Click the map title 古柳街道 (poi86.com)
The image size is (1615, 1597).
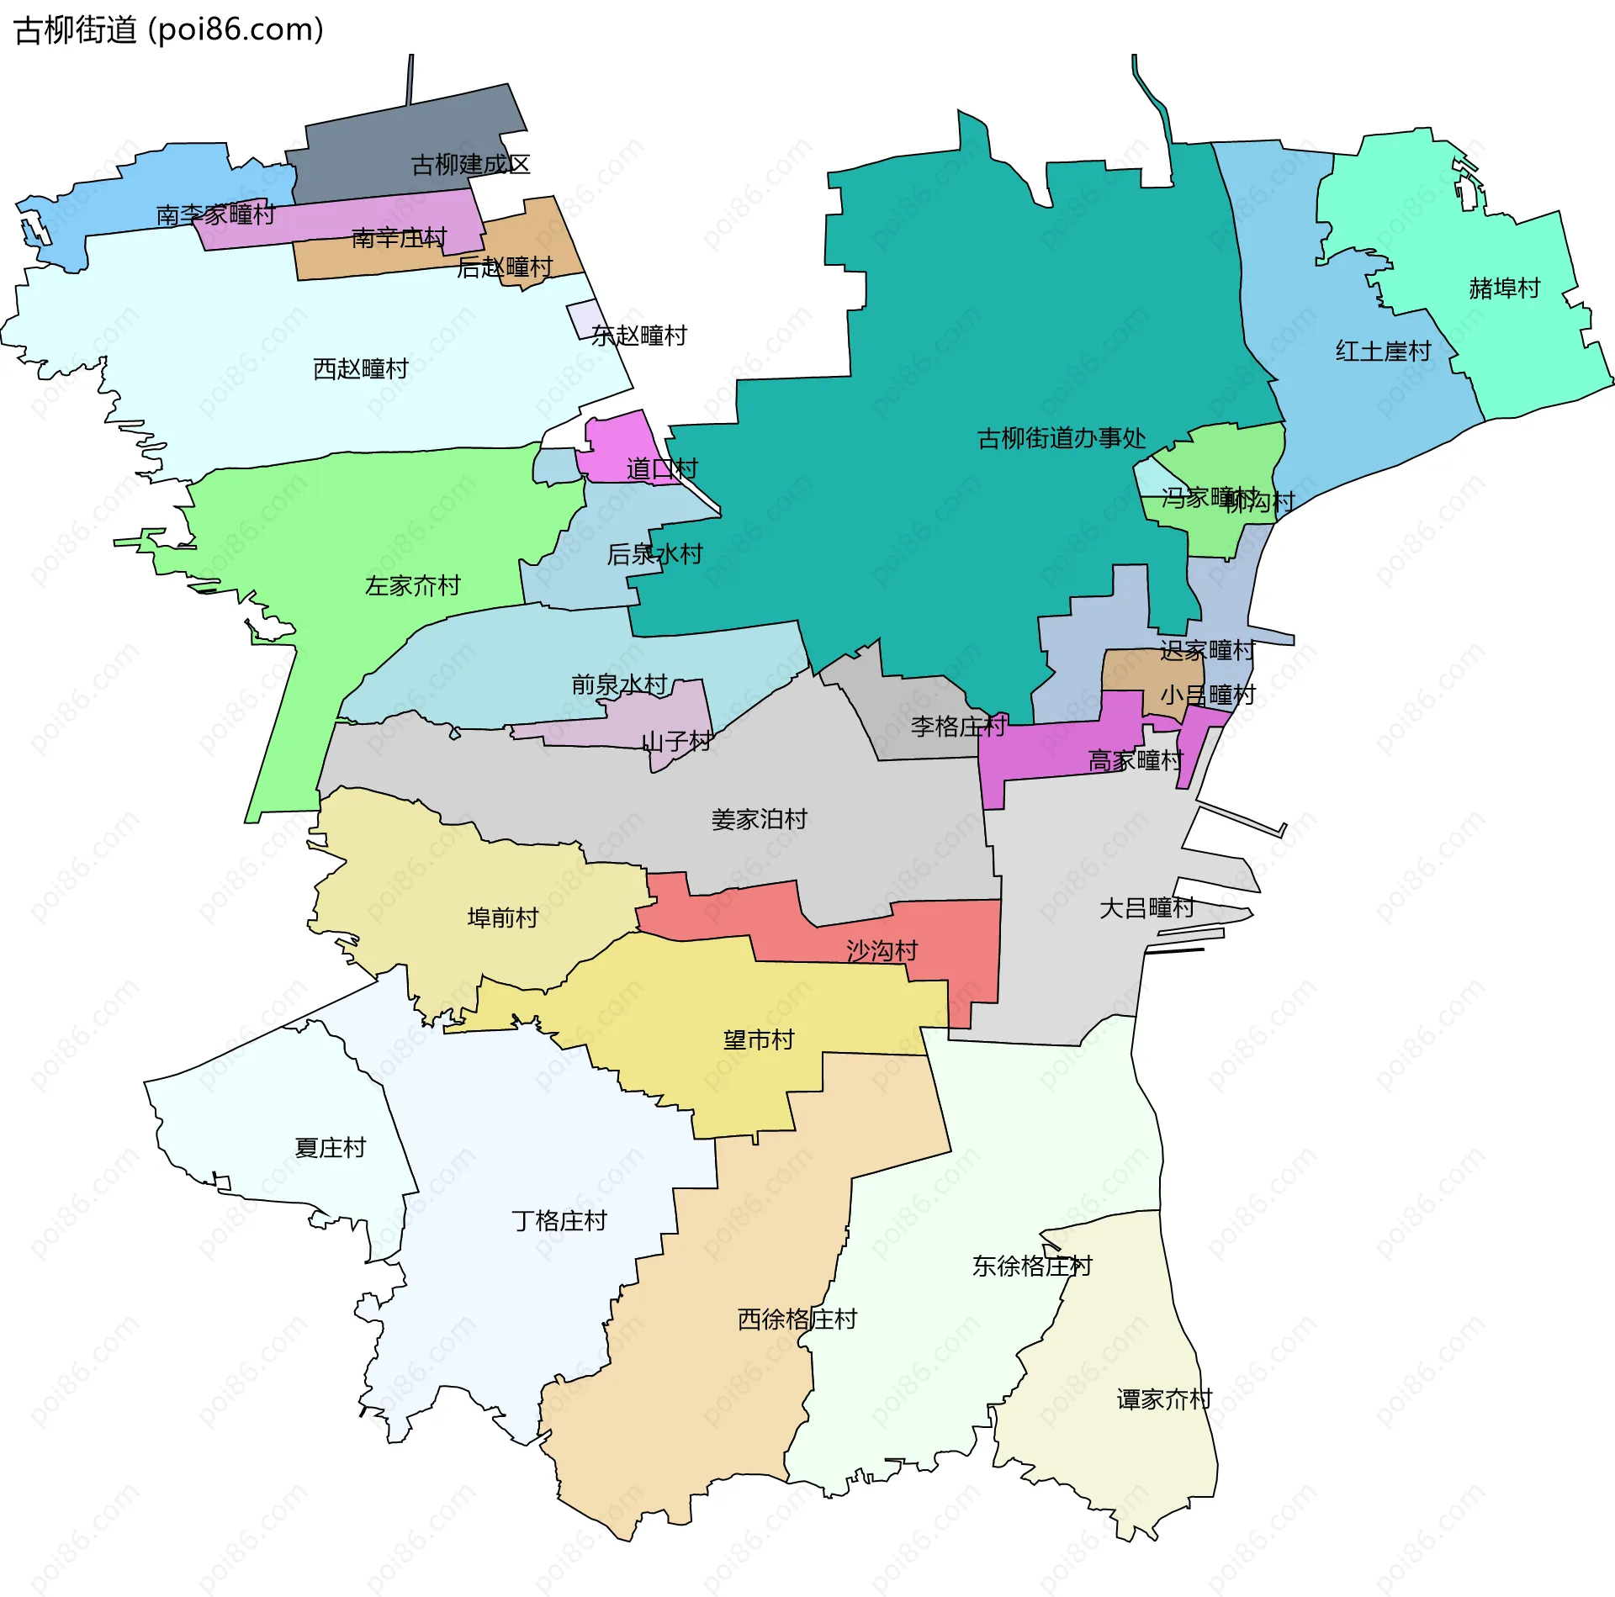tap(168, 30)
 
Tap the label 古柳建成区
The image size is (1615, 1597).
tap(470, 165)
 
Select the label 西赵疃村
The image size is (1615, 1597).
tap(360, 369)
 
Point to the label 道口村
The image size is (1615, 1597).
tap(662, 469)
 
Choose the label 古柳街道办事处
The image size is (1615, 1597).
tap(1061, 438)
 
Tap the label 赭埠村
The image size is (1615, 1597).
tap(1504, 288)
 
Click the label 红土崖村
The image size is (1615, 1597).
tap(1383, 352)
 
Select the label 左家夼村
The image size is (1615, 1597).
tap(412, 586)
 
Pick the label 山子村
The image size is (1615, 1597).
tap(676, 742)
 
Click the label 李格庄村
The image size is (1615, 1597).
tap(958, 727)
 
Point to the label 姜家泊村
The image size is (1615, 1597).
tap(759, 819)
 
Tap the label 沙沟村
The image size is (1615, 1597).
tap(882, 951)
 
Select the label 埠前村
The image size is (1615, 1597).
tap(502, 917)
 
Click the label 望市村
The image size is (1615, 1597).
tap(759, 1040)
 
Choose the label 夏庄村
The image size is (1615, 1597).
tap(330, 1148)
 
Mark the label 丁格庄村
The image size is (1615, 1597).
tap(559, 1221)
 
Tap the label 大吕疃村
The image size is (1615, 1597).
tap(1146, 908)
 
